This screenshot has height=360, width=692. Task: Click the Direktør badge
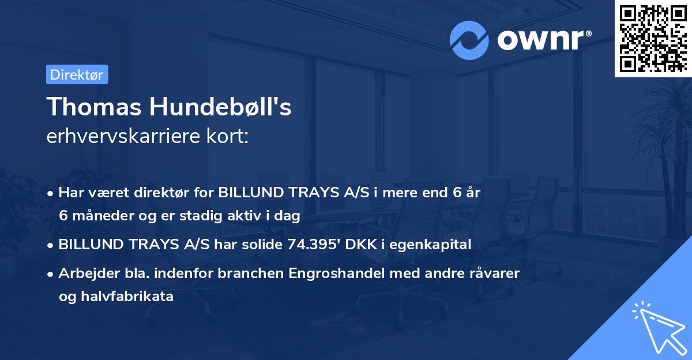[77, 74]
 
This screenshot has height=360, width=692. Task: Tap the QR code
[652, 39]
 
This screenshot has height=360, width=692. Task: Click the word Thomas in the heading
[95, 107]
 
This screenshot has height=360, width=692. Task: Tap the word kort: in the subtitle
[227, 137]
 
